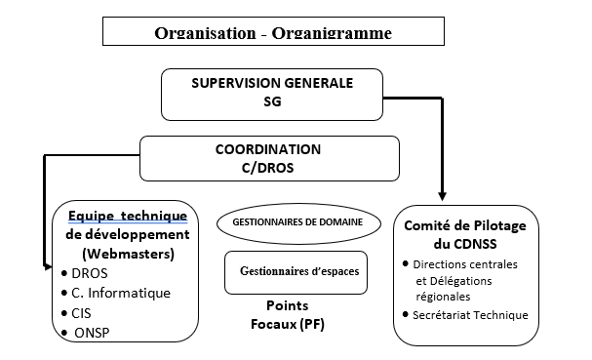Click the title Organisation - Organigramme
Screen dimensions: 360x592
(x=272, y=32)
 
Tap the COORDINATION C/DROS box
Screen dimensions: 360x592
(x=268, y=158)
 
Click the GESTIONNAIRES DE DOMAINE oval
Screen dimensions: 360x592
(x=297, y=222)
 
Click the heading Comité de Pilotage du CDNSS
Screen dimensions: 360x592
(x=466, y=234)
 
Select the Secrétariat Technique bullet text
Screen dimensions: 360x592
(x=470, y=314)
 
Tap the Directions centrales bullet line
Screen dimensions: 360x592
(x=465, y=264)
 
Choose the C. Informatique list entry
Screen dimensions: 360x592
(x=121, y=293)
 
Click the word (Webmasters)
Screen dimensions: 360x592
(x=119, y=254)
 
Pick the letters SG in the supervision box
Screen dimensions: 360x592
(x=271, y=100)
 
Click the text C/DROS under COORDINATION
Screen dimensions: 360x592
(x=268, y=168)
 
